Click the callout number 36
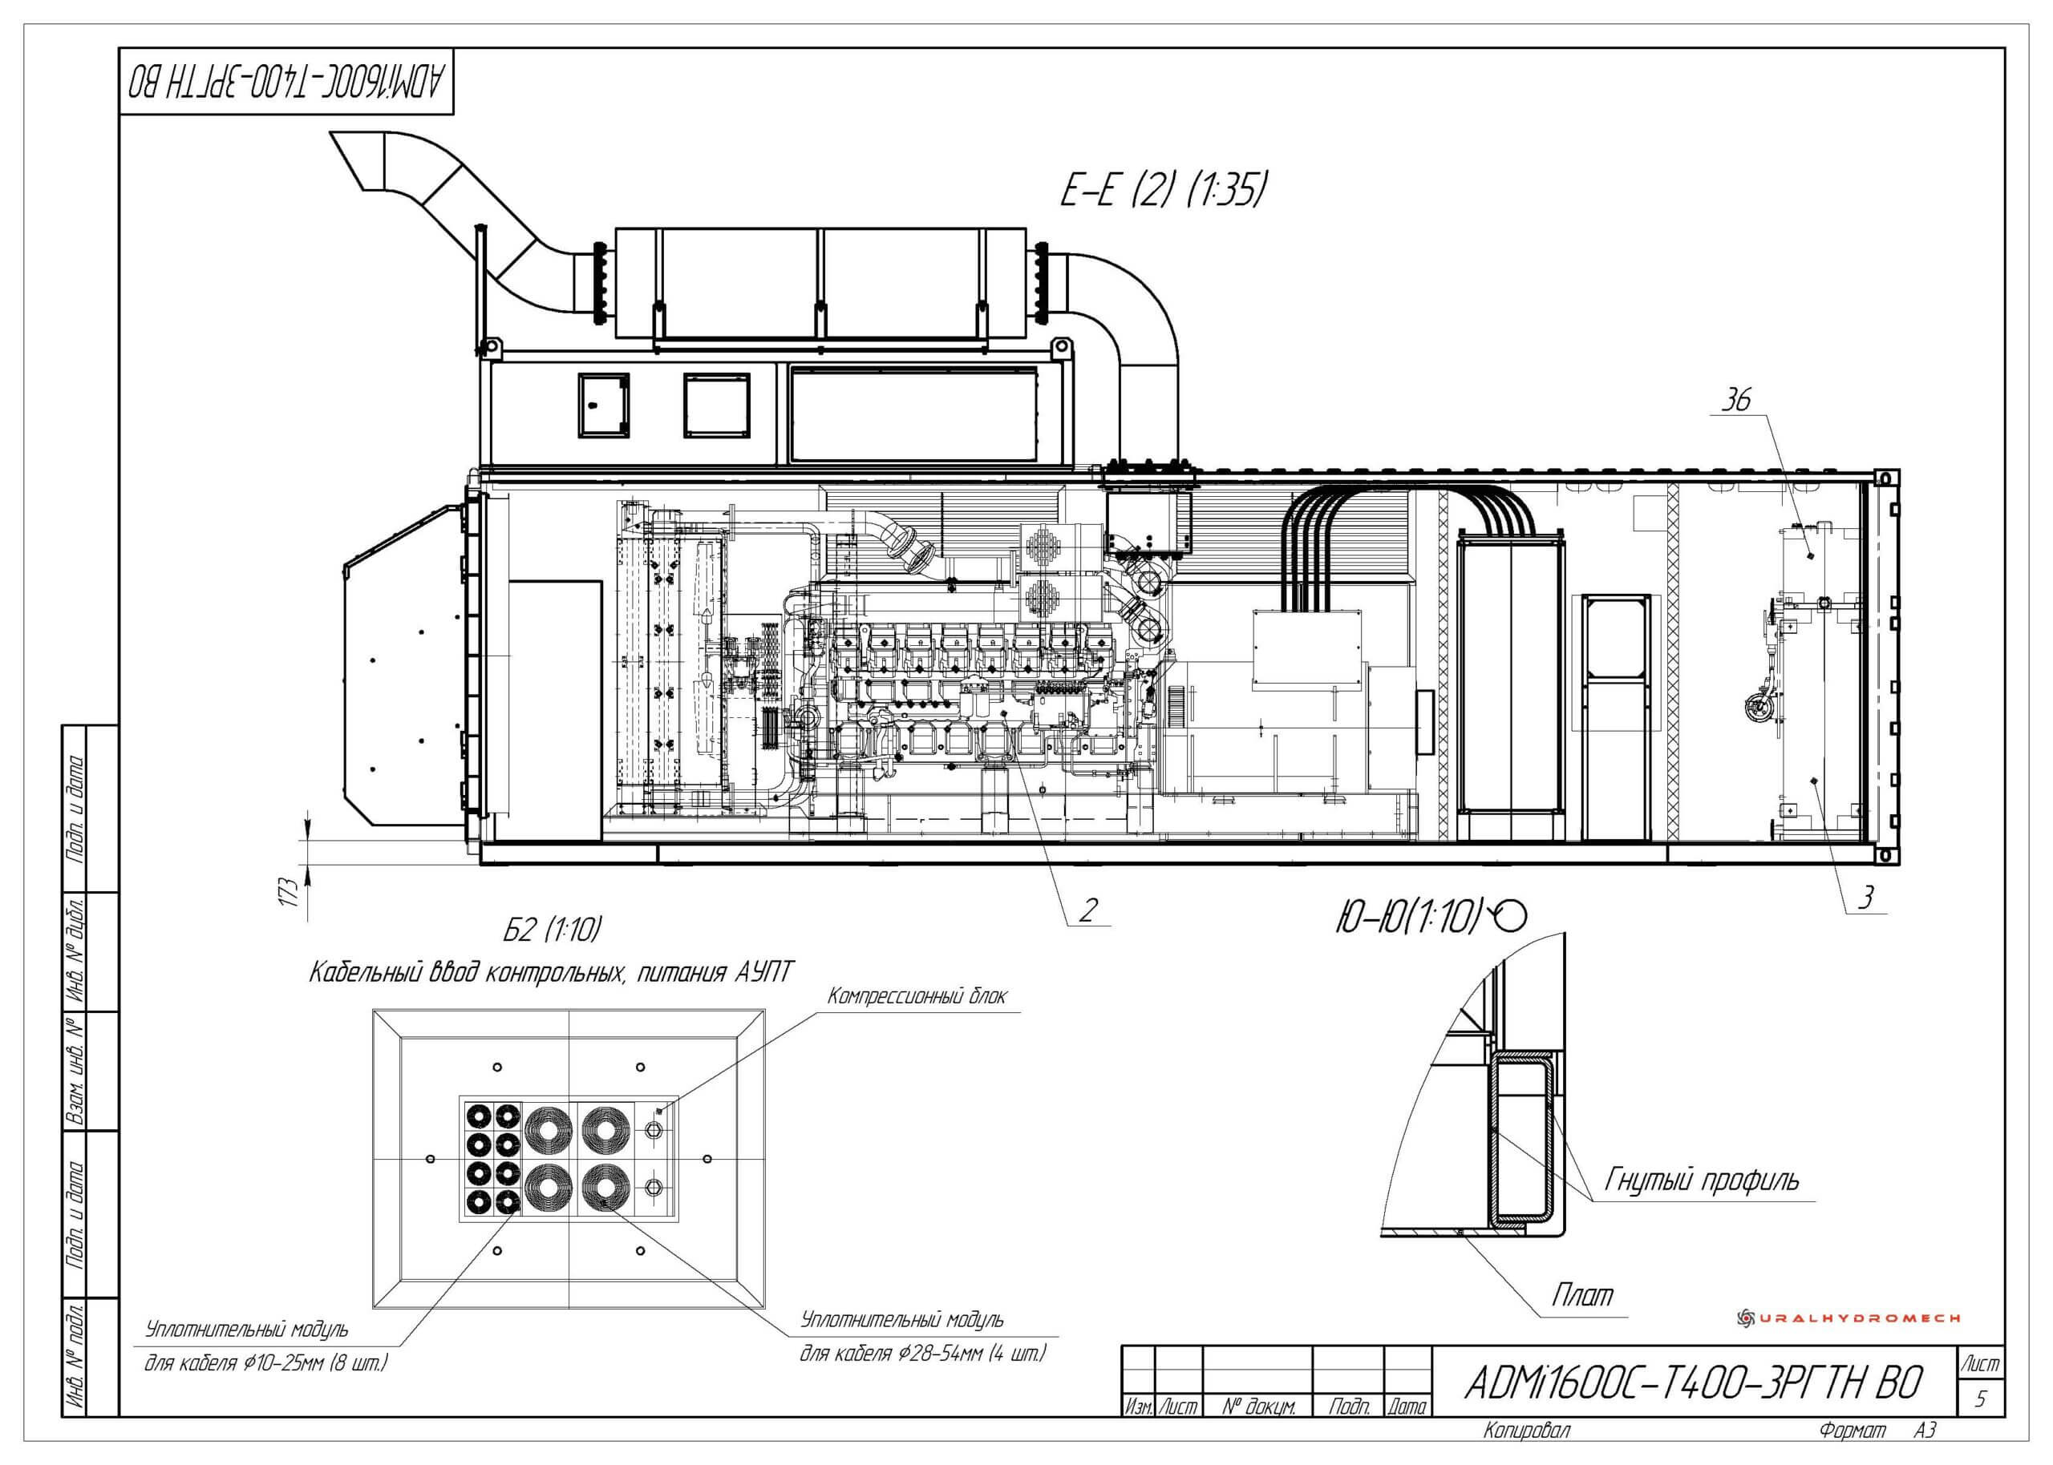coord(1735,399)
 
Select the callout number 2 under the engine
coord(1088,910)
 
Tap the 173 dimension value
coord(289,891)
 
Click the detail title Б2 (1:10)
coord(552,929)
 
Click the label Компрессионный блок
coord(917,996)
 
